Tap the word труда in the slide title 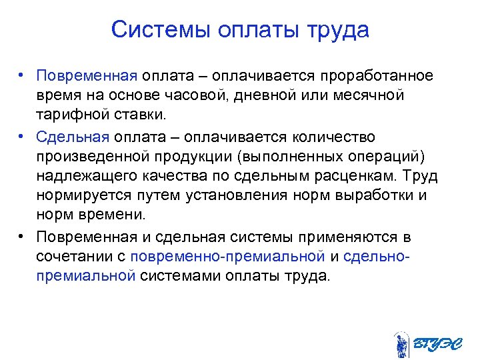[337, 31]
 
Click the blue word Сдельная [73, 137]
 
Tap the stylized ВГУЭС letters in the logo [437, 345]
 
